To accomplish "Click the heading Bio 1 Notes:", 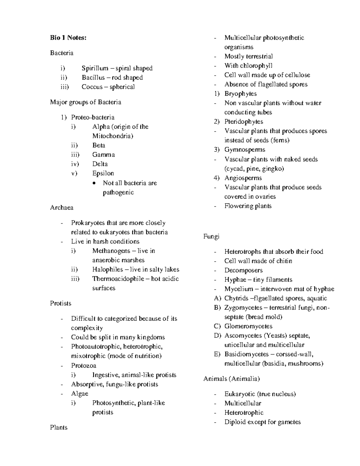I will (68, 38).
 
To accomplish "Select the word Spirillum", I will (95, 68).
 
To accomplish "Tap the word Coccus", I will (92, 87).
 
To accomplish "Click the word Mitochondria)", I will (112, 136).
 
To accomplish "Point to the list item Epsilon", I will (103, 173).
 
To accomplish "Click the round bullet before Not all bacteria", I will (95, 183).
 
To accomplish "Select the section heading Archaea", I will (61, 208).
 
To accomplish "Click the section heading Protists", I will (61, 303).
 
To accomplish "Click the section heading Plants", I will (59, 427).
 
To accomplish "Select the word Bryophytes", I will (241, 94).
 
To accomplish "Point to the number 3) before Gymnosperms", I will (217, 149).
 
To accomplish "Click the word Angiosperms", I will (243, 178).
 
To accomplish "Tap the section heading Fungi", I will (211, 236).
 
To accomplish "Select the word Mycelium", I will (238, 289).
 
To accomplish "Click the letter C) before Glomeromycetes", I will (217, 326).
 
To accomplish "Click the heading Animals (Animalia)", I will (231, 379).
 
